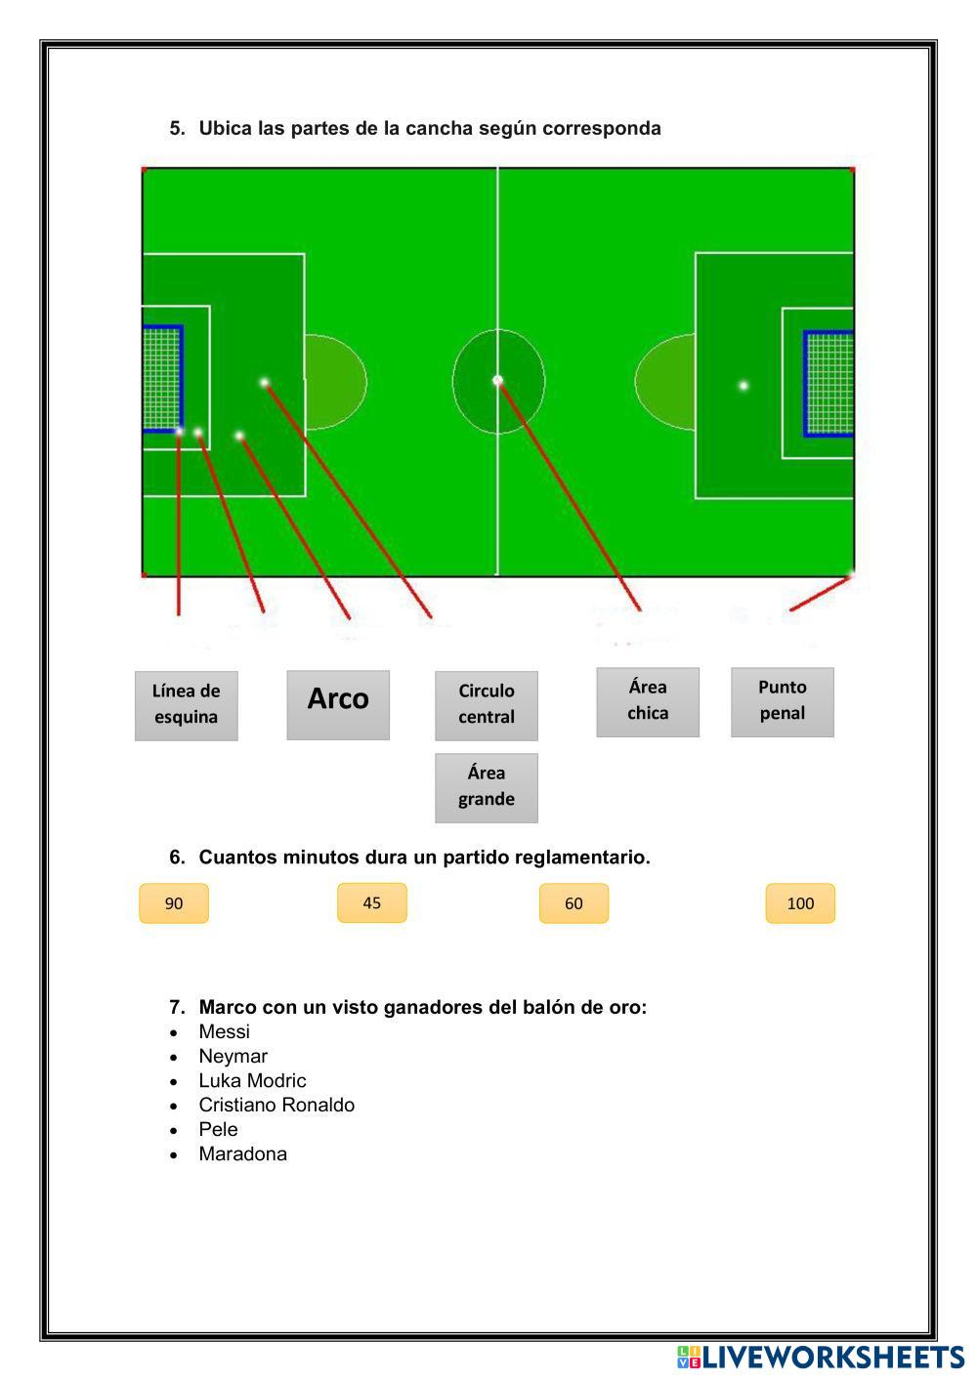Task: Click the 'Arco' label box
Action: point(338,704)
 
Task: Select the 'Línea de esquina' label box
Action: point(186,705)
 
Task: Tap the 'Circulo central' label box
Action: point(486,705)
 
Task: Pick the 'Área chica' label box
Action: point(648,701)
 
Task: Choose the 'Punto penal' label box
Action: point(782,701)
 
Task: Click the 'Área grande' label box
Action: point(486,787)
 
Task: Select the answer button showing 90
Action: point(174,903)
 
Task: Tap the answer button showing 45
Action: point(371,902)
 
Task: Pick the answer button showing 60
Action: point(573,903)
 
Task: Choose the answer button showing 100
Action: point(800,903)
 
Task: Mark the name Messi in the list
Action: point(224,1031)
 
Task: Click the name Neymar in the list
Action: point(233,1056)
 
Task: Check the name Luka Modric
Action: point(252,1080)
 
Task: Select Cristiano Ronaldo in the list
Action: point(276,1105)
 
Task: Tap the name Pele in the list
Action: point(218,1129)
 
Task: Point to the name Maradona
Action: point(242,1153)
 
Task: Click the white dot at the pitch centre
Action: point(497,380)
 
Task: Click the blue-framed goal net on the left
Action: point(162,379)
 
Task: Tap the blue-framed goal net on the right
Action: point(828,383)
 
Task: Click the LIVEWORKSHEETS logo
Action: point(820,1358)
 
